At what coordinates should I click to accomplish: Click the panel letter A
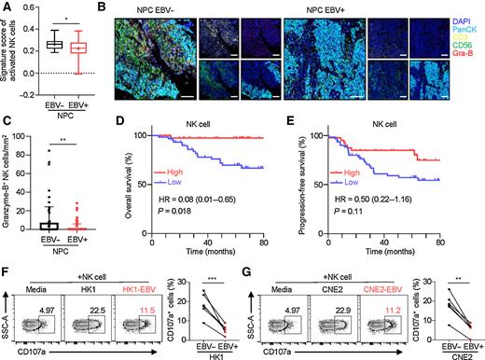(7, 7)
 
